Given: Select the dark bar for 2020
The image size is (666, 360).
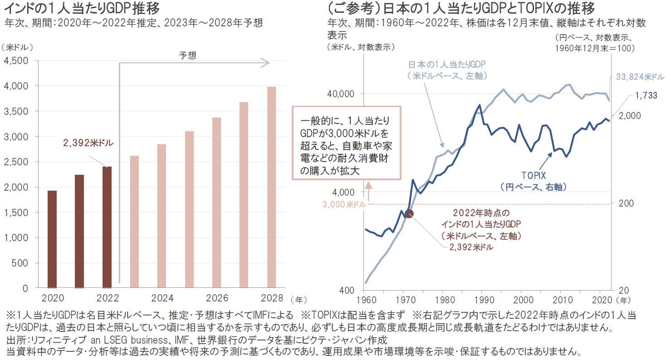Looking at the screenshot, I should pos(52,239).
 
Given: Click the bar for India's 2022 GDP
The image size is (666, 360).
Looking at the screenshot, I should pos(107,227).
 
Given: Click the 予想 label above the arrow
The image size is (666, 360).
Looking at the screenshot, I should pos(187,55).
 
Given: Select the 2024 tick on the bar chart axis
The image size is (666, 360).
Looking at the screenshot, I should pos(162,299).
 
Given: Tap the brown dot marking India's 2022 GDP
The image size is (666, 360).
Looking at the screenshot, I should pos(409,213).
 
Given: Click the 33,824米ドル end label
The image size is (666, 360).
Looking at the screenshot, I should pos(640,76).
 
